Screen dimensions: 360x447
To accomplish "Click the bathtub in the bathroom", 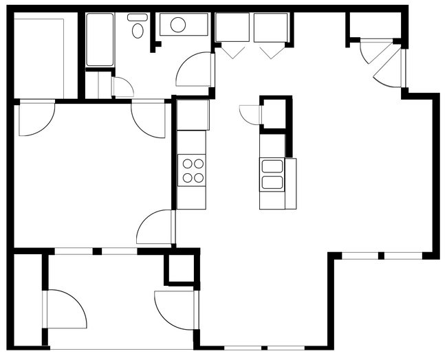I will (x=100, y=40).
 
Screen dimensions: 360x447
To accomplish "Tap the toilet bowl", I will (x=138, y=28).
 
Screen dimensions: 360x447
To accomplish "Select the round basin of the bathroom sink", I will (x=178, y=25).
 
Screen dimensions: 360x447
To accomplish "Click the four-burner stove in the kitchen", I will (x=192, y=170).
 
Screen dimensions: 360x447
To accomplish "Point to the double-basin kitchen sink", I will (x=272, y=175).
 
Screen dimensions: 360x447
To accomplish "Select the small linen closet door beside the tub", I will (x=122, y=87).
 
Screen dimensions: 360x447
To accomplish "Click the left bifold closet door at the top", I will (x=231, y=48).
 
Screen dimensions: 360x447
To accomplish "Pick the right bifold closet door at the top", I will (x=271, y=48).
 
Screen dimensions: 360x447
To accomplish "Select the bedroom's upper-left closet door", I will (x=36, y=118).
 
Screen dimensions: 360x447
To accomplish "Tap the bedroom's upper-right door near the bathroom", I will (x=148, y=118).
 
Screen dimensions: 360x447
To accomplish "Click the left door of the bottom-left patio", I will (x=65, y=308).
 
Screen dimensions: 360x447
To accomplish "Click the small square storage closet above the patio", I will (x=181, y=269).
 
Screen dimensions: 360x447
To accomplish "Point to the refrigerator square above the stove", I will (x=192, y=115).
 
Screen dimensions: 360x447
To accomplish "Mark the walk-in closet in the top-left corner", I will (x=40, y=58).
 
